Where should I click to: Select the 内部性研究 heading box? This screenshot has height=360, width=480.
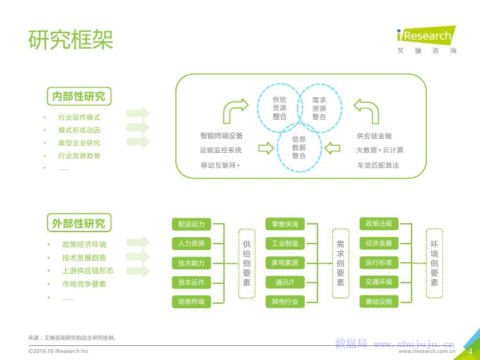coord(79,97)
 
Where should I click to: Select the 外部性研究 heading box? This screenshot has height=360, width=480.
coord(79,223)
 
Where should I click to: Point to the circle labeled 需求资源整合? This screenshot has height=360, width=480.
coord(319,107)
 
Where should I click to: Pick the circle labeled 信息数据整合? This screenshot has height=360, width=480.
coord(299,147)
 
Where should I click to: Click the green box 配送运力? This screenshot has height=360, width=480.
coord(191,224)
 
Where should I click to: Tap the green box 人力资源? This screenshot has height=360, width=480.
coord(191,244)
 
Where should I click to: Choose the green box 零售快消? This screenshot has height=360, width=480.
coord(285,224)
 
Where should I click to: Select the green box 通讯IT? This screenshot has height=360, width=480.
coord(285,282)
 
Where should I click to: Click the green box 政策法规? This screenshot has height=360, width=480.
coord(378,224)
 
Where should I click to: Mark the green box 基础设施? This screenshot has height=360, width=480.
coord(378,301)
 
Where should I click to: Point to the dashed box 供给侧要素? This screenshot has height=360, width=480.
coord(246,263)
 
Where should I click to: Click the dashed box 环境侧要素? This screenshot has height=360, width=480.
coord(434,263)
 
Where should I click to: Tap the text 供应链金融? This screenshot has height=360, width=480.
coord(374,136)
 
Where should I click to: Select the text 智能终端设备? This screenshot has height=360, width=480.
coord(221,136)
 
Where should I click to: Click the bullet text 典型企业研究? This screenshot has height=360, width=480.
coord(79,143)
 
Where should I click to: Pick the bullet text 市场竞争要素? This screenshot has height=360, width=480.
coord(84,284)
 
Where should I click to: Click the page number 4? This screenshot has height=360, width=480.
coord(470,351)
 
